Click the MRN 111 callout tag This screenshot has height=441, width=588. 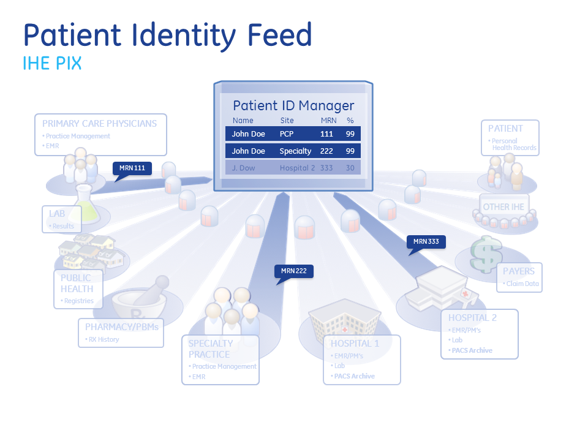(x=132, y=168)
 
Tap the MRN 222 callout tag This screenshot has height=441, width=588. (x=294, y=271)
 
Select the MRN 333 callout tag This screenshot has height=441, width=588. (x=426, y=241)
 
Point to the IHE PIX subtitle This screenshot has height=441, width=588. (x=52, y=64)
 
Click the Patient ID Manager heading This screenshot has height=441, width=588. (x=293, y=105)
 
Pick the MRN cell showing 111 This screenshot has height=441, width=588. (x=326, y=134)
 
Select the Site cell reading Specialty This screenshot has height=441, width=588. (x=295, y=151)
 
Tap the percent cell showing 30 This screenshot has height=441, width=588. (x=350, y=168)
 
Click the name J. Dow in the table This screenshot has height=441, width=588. (x=243, y=168)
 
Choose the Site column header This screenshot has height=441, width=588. (x=287, y=121)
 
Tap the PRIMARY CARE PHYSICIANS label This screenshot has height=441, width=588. (x=99, y=123)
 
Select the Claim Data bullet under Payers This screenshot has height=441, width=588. (x=522, y=284)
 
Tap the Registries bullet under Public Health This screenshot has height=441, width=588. (x=78, y=301)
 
